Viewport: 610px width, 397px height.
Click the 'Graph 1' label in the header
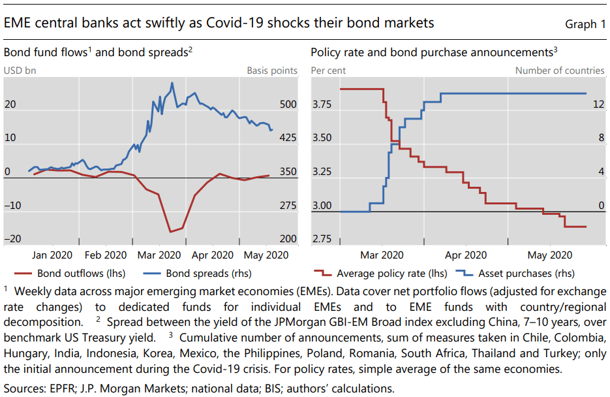[x=585, y=24]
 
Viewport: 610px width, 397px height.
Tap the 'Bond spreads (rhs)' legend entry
[x=208, y=274]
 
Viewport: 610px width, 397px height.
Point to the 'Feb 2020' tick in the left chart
[x=106, y=255]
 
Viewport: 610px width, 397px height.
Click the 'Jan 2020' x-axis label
[x=53, y=255]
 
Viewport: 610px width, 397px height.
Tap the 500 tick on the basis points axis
[x=287, y=104]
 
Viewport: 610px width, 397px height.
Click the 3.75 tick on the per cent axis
[x=323, y=104]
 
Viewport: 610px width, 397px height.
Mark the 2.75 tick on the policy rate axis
[x=323, y=239]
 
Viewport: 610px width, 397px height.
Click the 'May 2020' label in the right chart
[x=549, y=255]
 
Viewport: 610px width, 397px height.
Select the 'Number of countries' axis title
[x=560, y=71]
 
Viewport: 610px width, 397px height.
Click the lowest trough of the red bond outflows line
[x=170, y=232]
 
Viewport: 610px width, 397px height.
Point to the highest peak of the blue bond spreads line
[x=172, y=83]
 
